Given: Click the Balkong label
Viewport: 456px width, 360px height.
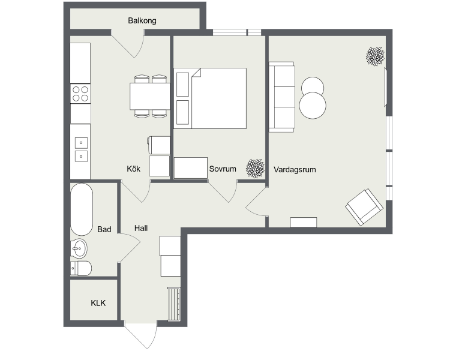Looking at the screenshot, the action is coord(142,20).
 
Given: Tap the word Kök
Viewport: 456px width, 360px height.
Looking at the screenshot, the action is coord(133,169).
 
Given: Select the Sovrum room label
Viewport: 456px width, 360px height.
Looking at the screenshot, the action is coord(223,169).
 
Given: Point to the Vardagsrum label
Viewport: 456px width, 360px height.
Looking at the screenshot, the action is coord(295,170).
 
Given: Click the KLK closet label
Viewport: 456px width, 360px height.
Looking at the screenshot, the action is coord(98,303).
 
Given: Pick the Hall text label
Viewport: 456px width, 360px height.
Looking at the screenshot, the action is coord(141,228).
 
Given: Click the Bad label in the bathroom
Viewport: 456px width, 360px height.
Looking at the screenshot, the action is coord(104,229).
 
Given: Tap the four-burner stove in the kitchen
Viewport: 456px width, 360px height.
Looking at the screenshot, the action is coord(80,94).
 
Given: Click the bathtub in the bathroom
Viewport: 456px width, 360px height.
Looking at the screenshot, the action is coord(82,209).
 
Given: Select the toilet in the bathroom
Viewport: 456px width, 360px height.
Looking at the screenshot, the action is coord(81,268).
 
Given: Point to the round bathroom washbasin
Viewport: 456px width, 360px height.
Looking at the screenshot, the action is coord(79,248).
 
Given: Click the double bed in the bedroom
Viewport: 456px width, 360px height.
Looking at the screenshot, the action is coord(210,98).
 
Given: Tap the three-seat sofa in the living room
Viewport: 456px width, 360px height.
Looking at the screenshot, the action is coord(282,97).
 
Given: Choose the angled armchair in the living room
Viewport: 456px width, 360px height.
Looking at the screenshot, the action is coord(364,207).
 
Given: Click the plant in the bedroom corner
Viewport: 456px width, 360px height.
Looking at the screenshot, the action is coord(255,169).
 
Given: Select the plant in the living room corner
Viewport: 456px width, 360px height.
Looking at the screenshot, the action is coord(375,56).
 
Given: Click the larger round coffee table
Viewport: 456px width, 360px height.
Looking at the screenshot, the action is coord(313,105).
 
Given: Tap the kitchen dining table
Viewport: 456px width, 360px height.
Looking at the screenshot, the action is coord(150,96).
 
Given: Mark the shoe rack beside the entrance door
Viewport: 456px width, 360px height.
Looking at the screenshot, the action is coord(174,304).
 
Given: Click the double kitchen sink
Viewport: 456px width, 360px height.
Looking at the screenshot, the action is coord(81,149).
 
